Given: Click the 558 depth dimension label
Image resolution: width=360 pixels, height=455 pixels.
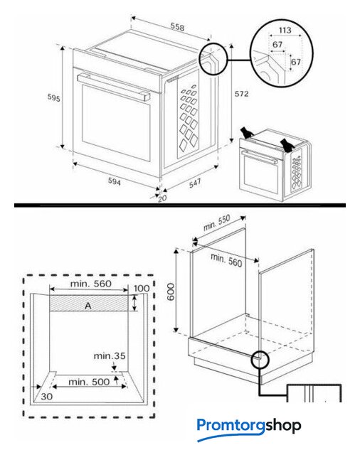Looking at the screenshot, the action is [x=177, y=27].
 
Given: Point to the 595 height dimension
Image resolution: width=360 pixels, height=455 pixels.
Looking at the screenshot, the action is [x=53, y=98].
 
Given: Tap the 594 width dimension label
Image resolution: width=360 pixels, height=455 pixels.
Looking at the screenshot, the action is [x=115, y=181].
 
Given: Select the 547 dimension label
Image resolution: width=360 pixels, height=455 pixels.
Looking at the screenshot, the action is [x=195, y=183].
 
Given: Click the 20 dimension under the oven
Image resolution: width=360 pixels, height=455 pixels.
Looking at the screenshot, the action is [x=162, y=198].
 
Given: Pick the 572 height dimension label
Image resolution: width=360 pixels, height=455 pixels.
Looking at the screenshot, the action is [x=242, y=94].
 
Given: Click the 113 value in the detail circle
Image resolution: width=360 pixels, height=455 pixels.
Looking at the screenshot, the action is [x=285, y=30].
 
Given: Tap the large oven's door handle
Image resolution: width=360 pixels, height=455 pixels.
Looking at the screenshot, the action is [x=114, y=87].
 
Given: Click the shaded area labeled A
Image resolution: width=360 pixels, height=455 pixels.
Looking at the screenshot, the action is [x=88, y=304].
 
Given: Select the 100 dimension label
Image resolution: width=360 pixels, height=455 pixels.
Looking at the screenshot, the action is [x=142, y=289].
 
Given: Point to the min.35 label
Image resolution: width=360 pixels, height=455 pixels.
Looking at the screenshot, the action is [x=110, y=355].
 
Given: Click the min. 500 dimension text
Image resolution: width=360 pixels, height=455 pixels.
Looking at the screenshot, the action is [x=89, y=382].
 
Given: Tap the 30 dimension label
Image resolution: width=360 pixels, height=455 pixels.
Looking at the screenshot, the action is [x=46, y=397].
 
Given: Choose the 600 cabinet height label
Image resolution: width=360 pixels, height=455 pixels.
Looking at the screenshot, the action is [x=171, y=291].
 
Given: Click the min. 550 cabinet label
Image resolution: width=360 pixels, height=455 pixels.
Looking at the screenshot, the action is [x=216, y=223].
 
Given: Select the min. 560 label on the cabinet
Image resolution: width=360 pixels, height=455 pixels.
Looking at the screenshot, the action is [x=226, y=260].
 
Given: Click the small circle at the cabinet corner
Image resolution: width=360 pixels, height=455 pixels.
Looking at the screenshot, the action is [x=260, y=360].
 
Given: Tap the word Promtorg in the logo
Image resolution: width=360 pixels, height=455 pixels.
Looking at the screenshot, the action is [x=231, y=426].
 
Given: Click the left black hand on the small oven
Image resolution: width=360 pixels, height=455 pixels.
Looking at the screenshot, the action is [x=247, y=133].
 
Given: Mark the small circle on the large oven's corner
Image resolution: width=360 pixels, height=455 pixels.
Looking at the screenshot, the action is [x=213, y=58].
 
